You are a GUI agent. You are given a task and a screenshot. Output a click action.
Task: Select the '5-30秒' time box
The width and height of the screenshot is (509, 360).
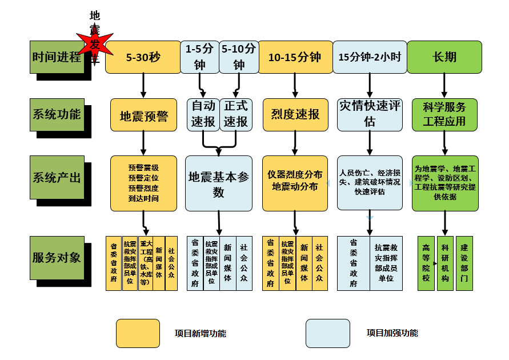(x=143, y=57)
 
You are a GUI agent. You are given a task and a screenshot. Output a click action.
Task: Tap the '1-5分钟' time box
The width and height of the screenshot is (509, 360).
(x=199, y=57)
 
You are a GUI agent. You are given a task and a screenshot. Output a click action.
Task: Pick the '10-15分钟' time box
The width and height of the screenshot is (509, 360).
(x=295, y=57)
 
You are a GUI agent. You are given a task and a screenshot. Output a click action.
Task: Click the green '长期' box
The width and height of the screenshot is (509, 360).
(x=444, y=57)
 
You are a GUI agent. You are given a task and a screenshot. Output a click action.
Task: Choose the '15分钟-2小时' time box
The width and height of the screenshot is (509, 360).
(x=369, y=57)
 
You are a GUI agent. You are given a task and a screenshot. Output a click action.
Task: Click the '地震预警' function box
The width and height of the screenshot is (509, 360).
(x=143, y=116)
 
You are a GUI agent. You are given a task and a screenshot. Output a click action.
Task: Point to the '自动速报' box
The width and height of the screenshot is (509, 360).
(x=203, y=114)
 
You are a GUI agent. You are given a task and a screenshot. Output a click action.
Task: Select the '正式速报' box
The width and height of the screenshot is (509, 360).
(x=236, y=114)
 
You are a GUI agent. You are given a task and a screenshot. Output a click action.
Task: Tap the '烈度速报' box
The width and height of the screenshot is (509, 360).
(x=295, y=114)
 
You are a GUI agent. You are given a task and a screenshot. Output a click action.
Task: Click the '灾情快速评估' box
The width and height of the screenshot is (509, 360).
(x=369, y=114)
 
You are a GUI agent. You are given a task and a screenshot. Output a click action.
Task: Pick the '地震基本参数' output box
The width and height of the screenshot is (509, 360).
(x=219, y=183)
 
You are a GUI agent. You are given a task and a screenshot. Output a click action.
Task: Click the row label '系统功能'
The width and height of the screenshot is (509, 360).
(x=57, y=115)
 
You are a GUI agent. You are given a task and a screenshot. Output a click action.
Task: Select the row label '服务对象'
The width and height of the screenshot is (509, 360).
(x=57, y=258)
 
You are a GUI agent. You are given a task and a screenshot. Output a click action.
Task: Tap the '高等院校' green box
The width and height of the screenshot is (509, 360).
(x=426, y=263)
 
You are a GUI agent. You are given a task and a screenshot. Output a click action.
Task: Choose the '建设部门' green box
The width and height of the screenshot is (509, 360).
(x=464, y=263)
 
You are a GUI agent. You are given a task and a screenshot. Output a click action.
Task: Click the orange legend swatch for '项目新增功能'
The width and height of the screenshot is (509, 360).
(x=138, y=333)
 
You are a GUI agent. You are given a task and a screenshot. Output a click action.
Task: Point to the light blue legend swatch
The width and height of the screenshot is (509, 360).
(x=327, y=333)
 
